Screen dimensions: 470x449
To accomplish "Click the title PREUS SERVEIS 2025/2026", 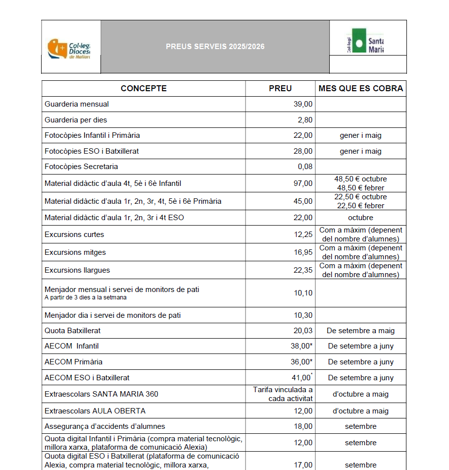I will pos(215,47).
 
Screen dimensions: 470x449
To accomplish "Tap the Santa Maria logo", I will pos(365,44).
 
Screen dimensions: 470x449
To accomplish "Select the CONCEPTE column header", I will pos(144,89).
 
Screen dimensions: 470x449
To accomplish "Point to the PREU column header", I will pos(280,89).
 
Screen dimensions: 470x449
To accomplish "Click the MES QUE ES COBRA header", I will pos(361,89).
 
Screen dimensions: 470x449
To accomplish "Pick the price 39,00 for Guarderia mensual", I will pos(303,104).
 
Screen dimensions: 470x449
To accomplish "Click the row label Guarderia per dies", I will pos(76,120).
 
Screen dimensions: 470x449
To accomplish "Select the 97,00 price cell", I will pos(303,183).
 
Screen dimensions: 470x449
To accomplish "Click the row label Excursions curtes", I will pos(74,235).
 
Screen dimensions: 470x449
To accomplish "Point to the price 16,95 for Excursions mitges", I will pos(303,252).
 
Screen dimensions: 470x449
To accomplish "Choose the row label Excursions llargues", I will pos(77,270).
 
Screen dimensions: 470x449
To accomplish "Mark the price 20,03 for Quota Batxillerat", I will pos(303,331).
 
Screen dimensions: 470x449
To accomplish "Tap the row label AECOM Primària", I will pos(74,362).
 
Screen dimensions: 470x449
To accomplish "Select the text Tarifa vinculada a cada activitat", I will pos(283,394).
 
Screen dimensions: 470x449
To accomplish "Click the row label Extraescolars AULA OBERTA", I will pos(95,411).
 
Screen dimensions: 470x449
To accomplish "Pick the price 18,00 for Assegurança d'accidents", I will pos(303,426).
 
